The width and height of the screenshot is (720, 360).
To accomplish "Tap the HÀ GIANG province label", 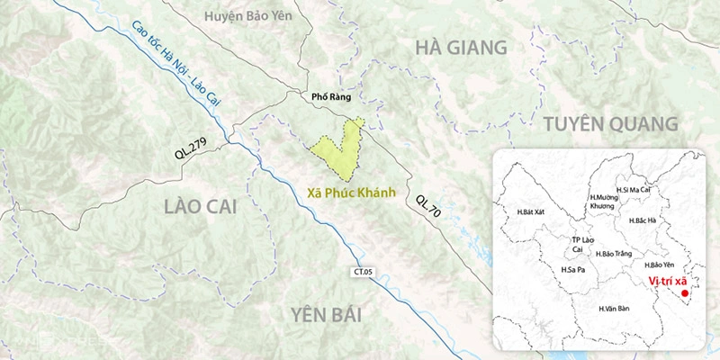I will (x=459, y=48).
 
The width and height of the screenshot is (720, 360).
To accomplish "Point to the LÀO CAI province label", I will (x=200, y=207).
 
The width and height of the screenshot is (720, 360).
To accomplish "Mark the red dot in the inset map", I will (x=684, y=293).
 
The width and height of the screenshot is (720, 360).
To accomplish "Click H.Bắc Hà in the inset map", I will (x=644, y=220).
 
